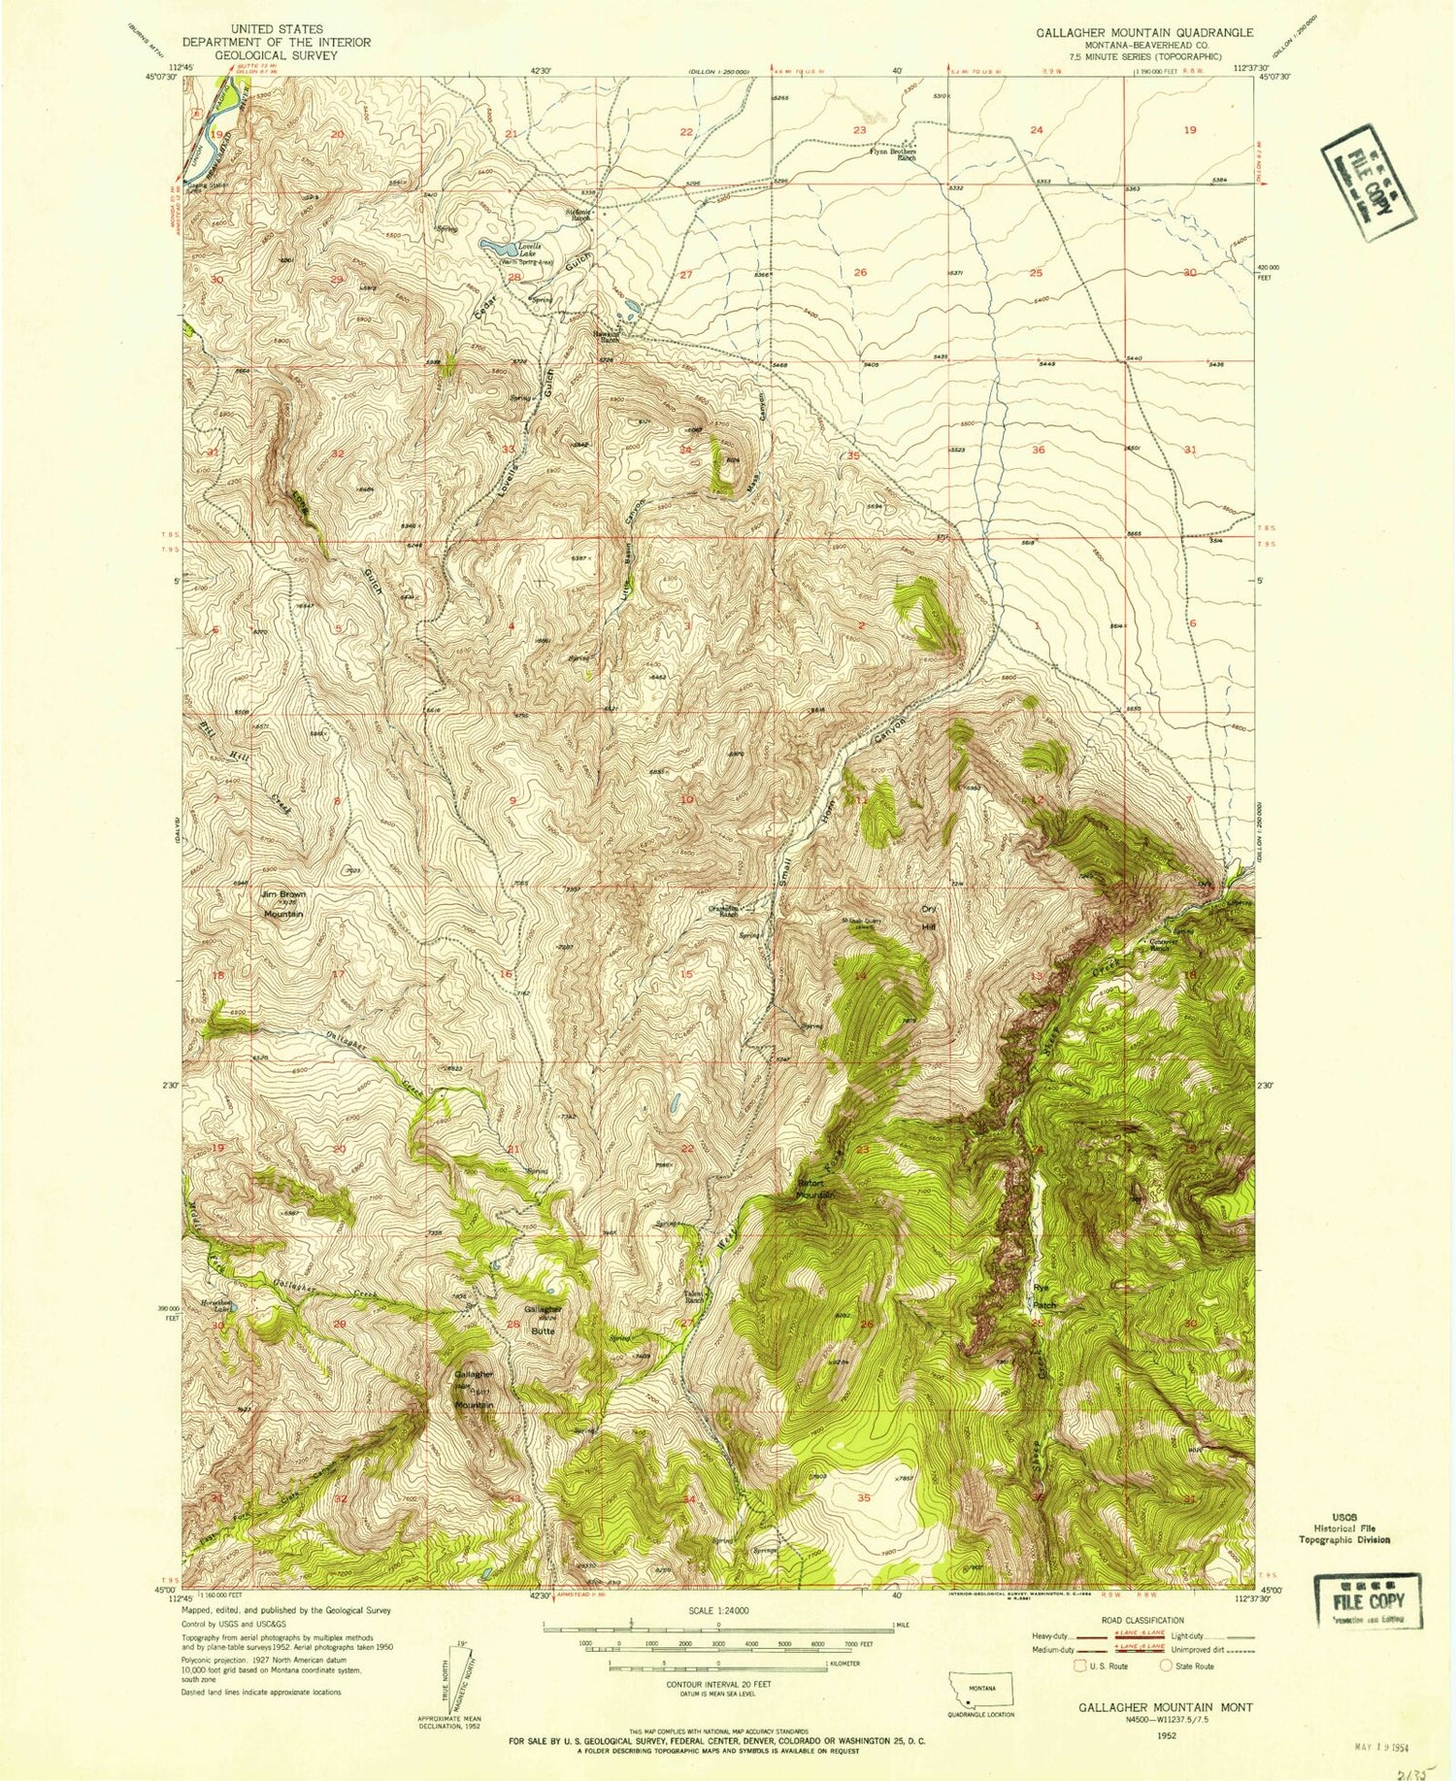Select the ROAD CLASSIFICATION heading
(1142, 1620)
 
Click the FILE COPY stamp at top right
(1369, 184)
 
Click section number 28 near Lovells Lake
(514, 278)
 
